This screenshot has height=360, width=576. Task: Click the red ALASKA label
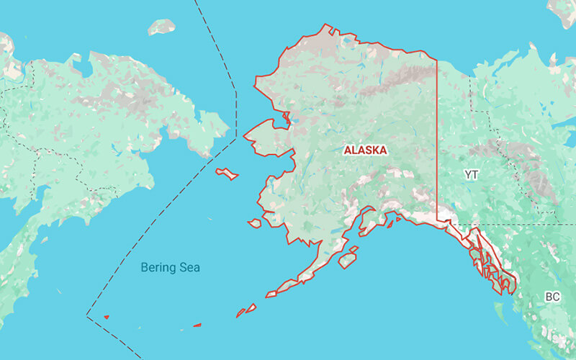366,150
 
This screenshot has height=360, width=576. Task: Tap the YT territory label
472,175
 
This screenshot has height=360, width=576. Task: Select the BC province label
552,297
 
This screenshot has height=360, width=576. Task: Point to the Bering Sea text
170,268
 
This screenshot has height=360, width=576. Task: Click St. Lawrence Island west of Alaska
228,174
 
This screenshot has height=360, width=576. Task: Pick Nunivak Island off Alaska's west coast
254,224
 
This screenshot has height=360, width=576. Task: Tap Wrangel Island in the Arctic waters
161,27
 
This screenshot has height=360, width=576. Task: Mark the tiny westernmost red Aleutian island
107,317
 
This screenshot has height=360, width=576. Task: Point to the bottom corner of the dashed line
87,315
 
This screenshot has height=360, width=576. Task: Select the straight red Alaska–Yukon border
437,144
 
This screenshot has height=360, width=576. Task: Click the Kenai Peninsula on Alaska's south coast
367,220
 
